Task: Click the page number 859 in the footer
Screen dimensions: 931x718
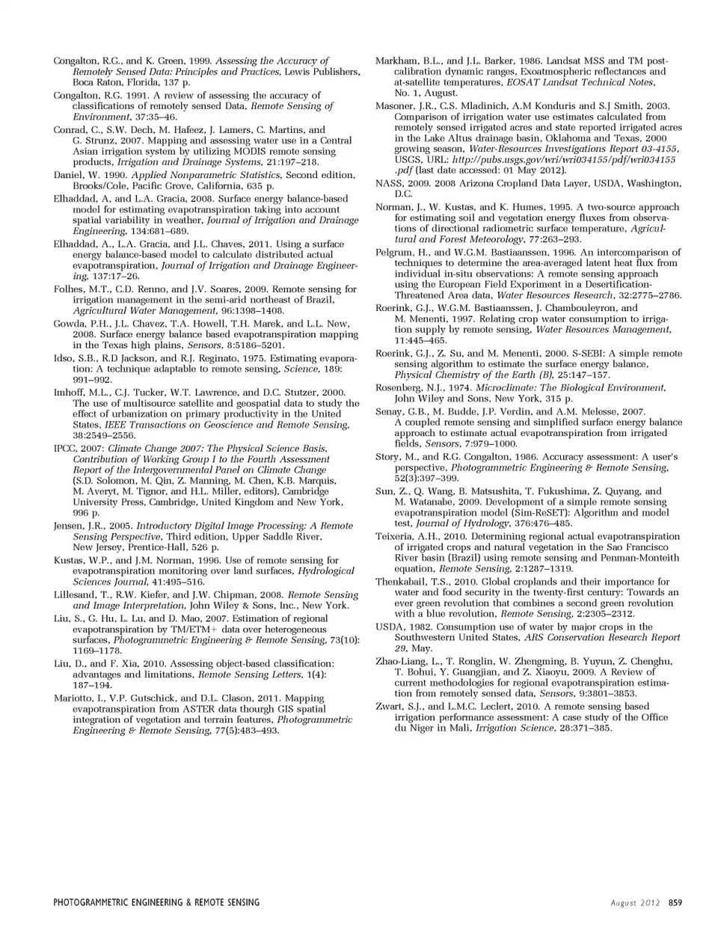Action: click(675, 903)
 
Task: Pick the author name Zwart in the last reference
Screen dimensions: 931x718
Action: click(389, 706)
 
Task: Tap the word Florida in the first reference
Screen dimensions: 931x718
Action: click(141, 82)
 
